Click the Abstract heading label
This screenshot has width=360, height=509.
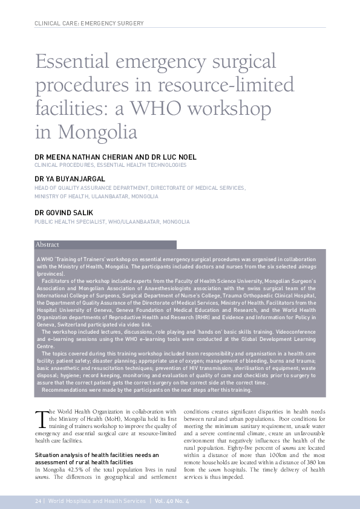click(x=48, y=245)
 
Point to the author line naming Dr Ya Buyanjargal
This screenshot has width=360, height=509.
click(x=70, y=180)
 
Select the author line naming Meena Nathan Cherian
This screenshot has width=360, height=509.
click(x=116, y=157)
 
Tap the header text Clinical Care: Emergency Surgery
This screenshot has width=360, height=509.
click(x=90, y=24)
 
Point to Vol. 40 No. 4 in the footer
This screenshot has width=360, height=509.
click(x=172, y=502)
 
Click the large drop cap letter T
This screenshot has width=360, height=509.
click(x=41, y=419)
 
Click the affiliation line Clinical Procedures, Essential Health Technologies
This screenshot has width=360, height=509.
click(x=111, y=165)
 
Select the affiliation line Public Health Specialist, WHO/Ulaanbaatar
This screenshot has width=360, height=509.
click(x=112, y=222)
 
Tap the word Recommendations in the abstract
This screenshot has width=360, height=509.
click(x=64, y=390)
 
